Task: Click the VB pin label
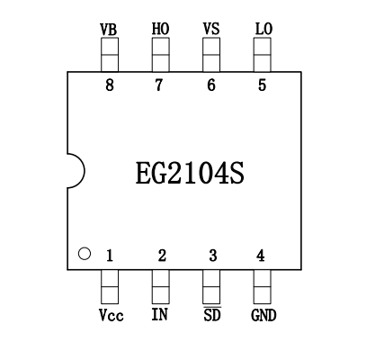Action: [x=109, y=30]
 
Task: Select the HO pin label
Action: [x=160, y=29]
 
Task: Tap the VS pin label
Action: [x=211, y=29]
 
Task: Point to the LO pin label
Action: [x=263, y=29]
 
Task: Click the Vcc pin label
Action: [x=112, y=315]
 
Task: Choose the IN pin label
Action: [x=160, y=314]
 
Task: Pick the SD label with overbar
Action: [x=212, y=314]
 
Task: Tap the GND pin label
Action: [x=263, y=315]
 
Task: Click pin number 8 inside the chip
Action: [x=110, y=85]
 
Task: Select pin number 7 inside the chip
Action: [x=159, y=85]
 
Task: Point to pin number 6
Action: [x=211, y=85]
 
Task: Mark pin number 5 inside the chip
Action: [x=262, y=85]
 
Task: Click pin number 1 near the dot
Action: [x=110, y=256]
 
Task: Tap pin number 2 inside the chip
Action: [x=162, y=256]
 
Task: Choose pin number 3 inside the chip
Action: [x=213, y=256]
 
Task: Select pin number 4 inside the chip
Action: [x=261, y=256]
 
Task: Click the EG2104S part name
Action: [x=190, y=173]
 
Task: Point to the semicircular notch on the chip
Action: [x=85, y=171]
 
